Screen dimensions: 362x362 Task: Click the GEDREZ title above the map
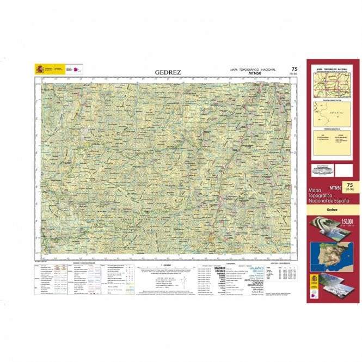168,72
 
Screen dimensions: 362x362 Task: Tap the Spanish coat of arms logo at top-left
39,69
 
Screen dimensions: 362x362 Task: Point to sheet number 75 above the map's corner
294,69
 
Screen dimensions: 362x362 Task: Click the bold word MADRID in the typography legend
219,268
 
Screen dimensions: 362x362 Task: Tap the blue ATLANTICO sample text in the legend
257,268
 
